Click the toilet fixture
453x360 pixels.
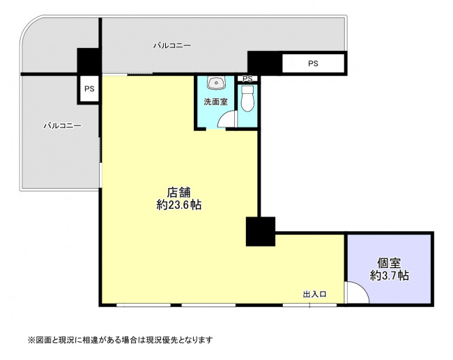click(247, 98)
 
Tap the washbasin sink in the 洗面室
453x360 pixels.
click(216, 83)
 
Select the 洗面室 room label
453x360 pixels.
click(216, 102)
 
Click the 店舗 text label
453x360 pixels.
click(179, 192)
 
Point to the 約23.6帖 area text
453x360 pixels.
click(179, 205)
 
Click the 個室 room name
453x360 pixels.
click(389, 263)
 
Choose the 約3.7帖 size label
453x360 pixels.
click(389, 276)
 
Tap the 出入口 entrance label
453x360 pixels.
click(314, 294)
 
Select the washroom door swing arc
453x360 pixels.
click(222, 116)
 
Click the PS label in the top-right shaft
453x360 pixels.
click(313, 63)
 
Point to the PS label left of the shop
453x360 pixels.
click(89, 88)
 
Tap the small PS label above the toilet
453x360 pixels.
click(247, 79)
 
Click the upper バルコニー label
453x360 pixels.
click(172, 46)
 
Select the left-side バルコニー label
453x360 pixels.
click(62, 125)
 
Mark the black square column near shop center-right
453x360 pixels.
click(261, 232)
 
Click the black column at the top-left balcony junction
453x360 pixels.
click(89, 61)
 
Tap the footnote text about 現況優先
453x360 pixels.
click(120, 340)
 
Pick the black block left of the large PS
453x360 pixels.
click(264, 63)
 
